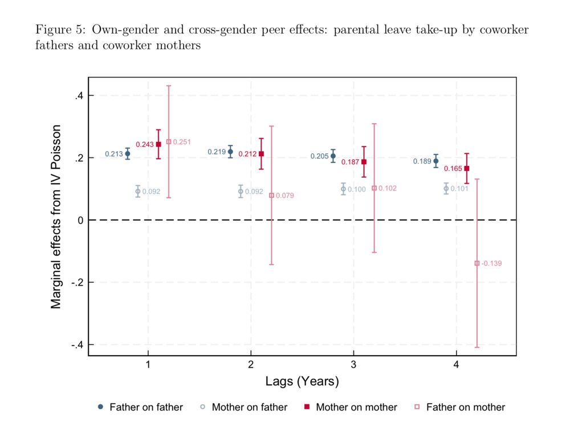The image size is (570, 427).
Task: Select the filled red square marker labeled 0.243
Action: click(x=158, y=144)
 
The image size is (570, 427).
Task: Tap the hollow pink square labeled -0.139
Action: click(x=477, y=263)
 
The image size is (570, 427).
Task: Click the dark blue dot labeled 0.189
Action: click(x=436, y=161)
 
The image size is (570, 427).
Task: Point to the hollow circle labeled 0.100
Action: click(x=343, y=189)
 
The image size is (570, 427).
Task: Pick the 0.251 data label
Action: click(x=182, y=142)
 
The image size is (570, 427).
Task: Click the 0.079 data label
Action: click(x=284, y=196)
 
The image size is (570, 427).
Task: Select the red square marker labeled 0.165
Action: click(x=467, y=168)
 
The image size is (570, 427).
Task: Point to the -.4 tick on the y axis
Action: click(x=76, y=345)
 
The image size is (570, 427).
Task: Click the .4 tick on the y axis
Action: click(x=79, y=96)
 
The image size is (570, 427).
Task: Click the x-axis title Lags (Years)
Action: click(x=302, y=381)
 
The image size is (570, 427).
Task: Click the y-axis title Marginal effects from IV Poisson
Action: click(x=56, y=217)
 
